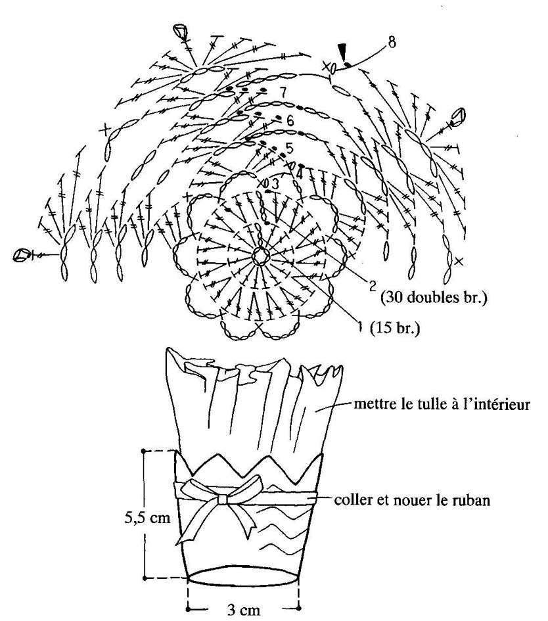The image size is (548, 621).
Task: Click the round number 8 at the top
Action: click(x=391, y=41)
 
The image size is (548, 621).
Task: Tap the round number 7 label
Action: click(x=283, y=92)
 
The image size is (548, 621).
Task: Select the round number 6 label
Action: click(x=290, y=120)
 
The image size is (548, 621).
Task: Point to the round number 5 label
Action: click(x=290, y=149)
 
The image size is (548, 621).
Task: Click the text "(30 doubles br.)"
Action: click(x=434, y=297)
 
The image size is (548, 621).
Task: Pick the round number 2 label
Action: click(x=373, y=286)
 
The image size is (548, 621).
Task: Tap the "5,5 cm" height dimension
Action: click(x=147, y=518)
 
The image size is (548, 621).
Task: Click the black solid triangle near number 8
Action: click(x=342, y=52)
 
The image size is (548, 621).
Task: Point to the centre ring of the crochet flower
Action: click(x=261, y=257)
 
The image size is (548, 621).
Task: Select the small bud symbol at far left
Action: click(x=20, y=255)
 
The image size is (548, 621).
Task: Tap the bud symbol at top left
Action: click(x=181, y=32)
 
